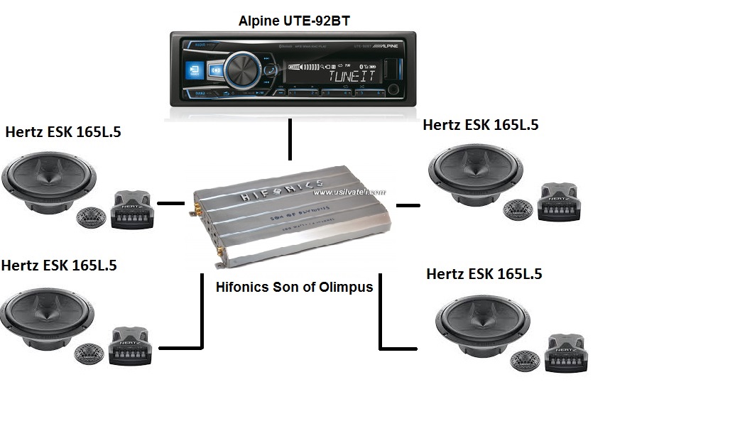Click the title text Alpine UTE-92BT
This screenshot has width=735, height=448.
(x=293, y=21)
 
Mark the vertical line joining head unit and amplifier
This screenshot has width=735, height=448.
(x=290, y=140)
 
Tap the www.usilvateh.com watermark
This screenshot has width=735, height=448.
(x=349, y=192)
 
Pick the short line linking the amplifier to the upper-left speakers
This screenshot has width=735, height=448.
(x=170, y=203)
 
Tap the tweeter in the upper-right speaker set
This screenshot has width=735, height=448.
(x=518, y=210)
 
